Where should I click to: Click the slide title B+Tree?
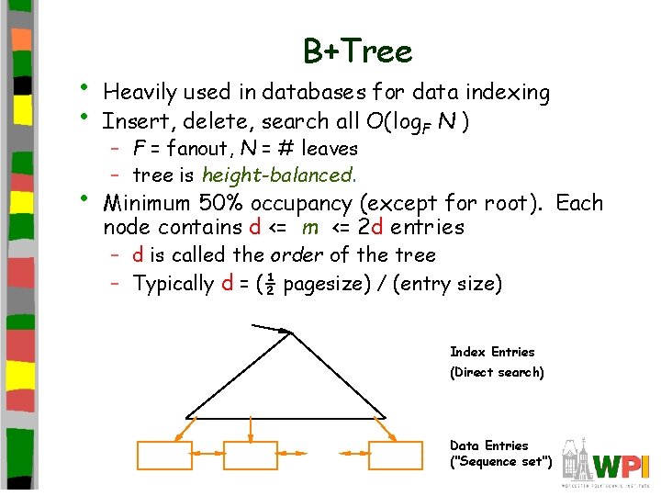(x=358, y=51)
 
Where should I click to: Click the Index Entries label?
(x=492, y=352)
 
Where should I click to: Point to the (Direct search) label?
(x=497, y=372)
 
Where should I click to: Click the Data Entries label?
(x=489, y=445)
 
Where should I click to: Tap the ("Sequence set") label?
(x=501, y=462)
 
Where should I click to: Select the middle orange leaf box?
(x=250, y=457)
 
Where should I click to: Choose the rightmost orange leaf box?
(x=396, y=457)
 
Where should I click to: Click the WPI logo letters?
(x=621, y=465)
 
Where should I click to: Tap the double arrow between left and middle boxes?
(x=207, y=453)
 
